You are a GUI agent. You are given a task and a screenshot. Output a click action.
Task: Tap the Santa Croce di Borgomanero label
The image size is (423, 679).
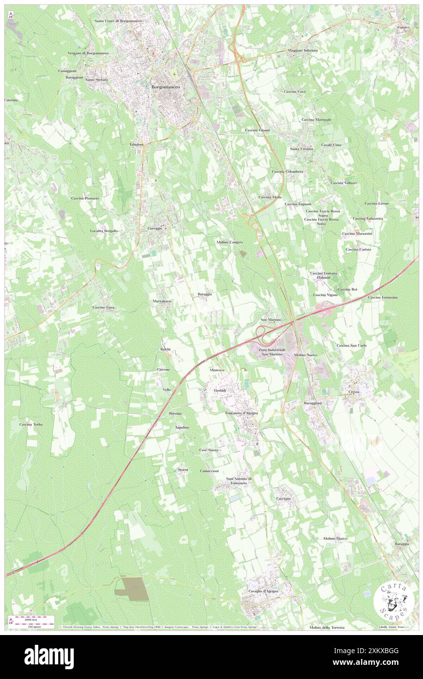coord(118,21)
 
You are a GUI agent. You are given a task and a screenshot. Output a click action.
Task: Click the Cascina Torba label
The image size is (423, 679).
coord(31,424)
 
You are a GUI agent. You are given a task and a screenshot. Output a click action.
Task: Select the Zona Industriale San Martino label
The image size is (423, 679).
coord(268,351)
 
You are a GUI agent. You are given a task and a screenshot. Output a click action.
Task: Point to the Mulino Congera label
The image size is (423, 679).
coord(230,242)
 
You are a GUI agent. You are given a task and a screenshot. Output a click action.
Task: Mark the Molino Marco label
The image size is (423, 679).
coord(335,538)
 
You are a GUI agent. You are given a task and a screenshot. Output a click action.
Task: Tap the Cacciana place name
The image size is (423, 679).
coord(283,498)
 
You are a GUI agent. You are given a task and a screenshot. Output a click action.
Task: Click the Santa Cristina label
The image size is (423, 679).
coord(301,149)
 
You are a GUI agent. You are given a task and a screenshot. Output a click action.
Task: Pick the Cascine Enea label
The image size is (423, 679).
coord(103,307)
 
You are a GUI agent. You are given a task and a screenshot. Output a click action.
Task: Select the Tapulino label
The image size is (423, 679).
coord(182,427)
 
